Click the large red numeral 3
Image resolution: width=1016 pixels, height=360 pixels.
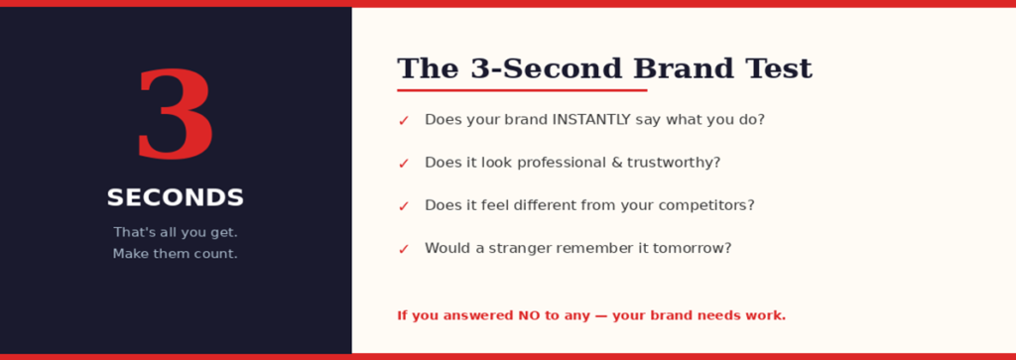(175, 116)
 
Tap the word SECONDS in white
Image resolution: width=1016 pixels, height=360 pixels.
(175, 198)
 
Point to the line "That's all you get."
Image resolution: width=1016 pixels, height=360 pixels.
(175, 233)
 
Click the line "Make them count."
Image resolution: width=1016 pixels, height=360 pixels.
(175, 254)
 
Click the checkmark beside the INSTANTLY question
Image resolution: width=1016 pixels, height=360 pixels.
(404, 121)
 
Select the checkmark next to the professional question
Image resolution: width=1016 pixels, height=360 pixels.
(404, 164)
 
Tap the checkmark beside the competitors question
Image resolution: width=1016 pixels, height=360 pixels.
(404, 206)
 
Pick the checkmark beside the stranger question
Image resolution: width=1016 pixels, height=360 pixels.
(404, 249)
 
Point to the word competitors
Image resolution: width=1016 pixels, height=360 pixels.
(703, 205)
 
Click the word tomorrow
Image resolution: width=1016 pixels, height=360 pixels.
(689, 248)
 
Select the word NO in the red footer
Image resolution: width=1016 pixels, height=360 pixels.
(529, 315)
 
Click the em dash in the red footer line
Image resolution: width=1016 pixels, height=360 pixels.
(600, 315)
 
